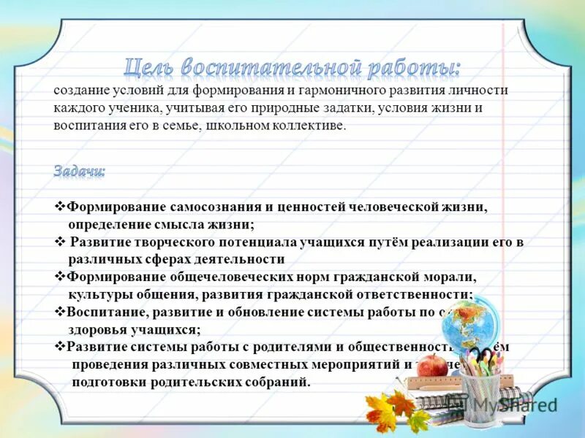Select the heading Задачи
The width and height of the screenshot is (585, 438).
(x=79, y=171)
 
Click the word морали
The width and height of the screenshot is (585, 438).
(x=453, y=277)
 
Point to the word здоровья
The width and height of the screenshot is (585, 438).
(x=96, y=329)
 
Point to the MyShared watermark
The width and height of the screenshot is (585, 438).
(x=512, y=404)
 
